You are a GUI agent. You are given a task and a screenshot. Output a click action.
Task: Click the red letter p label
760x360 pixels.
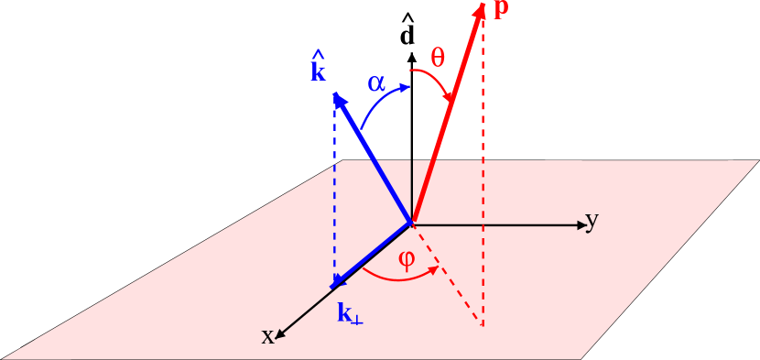click(x=501, y=10)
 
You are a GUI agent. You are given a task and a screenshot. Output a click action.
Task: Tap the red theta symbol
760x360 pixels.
click(x=438, y=59)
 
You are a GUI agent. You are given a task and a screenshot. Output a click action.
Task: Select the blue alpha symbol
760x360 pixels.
click(x=376, y=83)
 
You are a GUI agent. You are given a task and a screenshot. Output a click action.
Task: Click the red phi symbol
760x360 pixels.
click(x=407, y=258)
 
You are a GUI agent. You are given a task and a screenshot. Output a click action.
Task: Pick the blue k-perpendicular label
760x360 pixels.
click(x=350, y=314)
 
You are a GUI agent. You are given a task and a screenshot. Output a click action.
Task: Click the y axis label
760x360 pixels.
click(x=592, y=221)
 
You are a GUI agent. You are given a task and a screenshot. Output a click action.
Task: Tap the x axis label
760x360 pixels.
click(x=267, y=336)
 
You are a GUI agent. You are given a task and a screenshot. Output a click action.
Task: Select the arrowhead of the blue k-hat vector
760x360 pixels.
click(x=339, y=99)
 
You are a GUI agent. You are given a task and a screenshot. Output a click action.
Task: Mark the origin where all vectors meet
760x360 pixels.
click(x=412, y=223)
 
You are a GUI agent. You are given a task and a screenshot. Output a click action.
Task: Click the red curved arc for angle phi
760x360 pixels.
click(x=394, y=278)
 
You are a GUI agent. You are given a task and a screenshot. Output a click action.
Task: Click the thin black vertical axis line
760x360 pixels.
click(x=412, y=188)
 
